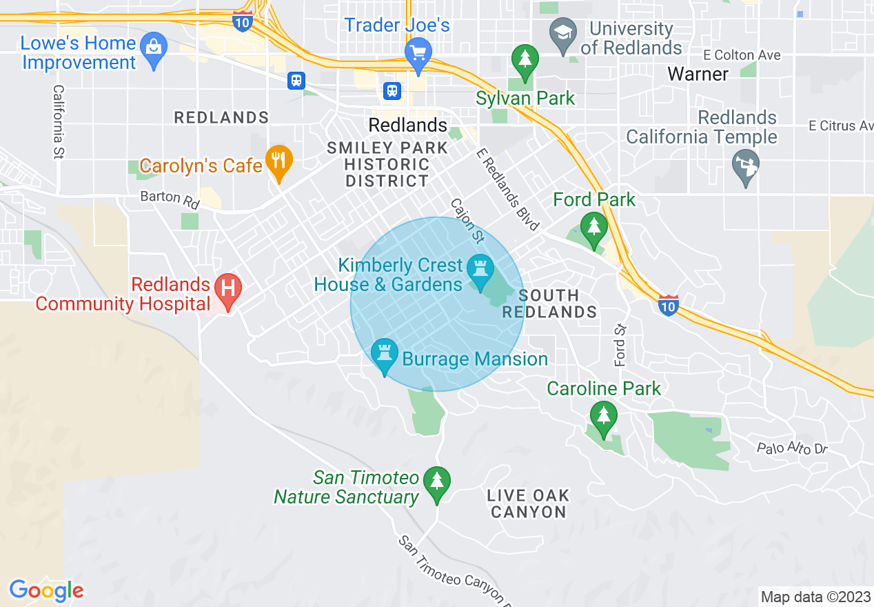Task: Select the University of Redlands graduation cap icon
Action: coord(563,34)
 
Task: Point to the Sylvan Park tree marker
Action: coord(525,59)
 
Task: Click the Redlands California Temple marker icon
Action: coord(746,166)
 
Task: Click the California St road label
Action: coord(59,122)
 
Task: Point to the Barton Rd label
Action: coord(170,200)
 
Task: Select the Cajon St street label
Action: coord(468,220)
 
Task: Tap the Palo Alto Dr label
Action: coord(791,448)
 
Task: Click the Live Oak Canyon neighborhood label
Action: coord(528,504)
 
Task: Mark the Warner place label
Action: coord(698,74)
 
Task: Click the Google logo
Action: coord(46,590)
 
